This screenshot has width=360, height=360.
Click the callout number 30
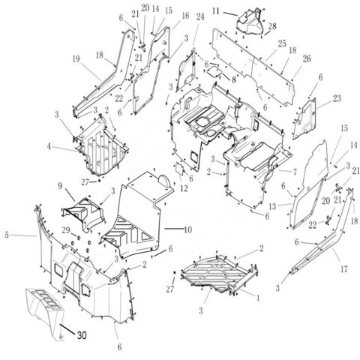[x=82, y=335]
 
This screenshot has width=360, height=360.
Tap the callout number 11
[x=216, y=11]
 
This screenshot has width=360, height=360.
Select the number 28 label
[x=272, y=25]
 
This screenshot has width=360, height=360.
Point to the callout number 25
[x=282, y=43]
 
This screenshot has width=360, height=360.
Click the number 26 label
[x=307, y=58]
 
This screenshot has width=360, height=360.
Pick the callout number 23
[x=337, y=98]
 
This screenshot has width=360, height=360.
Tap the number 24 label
[x=200, y=17]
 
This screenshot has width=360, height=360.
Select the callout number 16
[x=185, y=16]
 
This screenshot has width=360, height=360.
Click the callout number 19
[x=76, y=59]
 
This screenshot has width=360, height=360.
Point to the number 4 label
[x=49, y=146]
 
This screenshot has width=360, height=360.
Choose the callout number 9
[x=60, y=186]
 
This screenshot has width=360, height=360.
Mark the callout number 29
[x=66, y=230]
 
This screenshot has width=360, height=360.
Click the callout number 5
[x=7, y=235]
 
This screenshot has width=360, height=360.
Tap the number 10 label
[x=187, y=229]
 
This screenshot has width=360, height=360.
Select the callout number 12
[x=184, y=188]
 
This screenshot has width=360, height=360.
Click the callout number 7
[x=295, y=172]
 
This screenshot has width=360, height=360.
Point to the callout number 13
[x=272, y=206]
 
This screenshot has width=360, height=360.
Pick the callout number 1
[x=258, y=298]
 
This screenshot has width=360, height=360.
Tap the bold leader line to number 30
[x=67, y=328]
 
